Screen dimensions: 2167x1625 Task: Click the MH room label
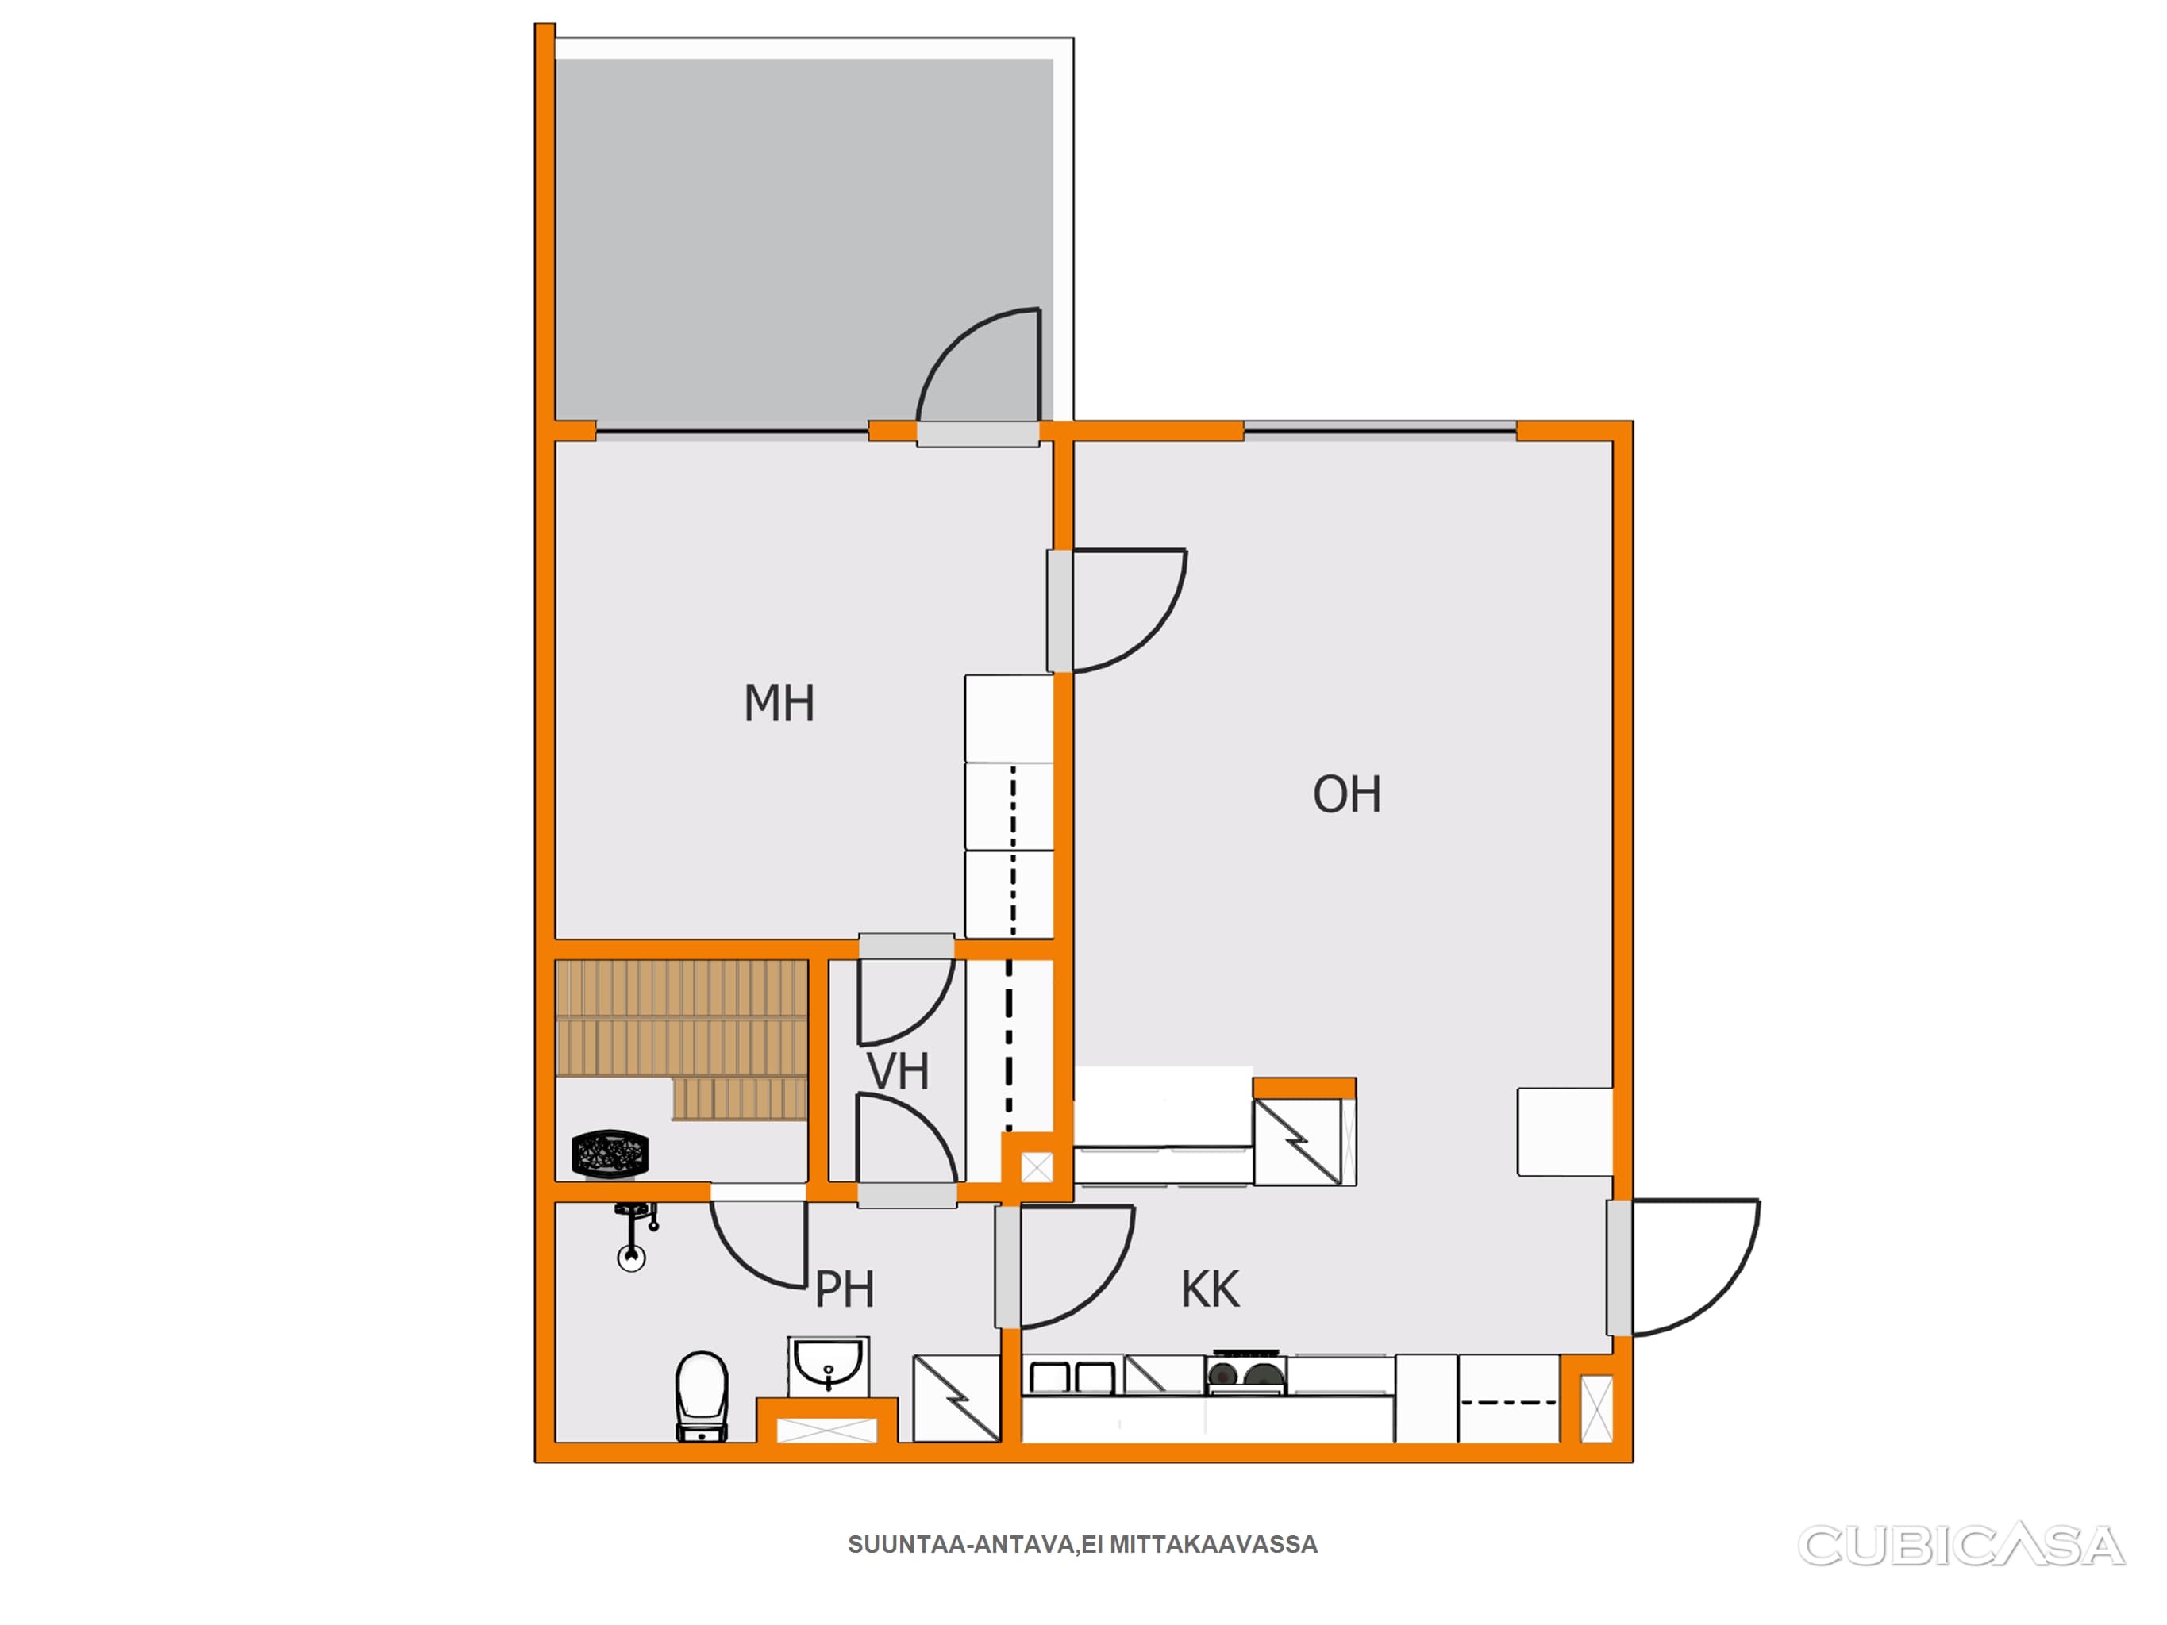tap(779, 703)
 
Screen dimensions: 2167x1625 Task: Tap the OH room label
tap(1347, 794)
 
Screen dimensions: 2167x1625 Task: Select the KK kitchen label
tap(1210, 1289)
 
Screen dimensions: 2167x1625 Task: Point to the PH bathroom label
tap(845, 1289)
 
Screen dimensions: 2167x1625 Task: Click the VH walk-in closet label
tap(898, 1072)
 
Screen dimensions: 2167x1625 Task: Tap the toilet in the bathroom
tap(702, 1396)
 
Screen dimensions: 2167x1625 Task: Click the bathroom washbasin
tap(828, 1366)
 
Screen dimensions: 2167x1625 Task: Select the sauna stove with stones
tap(610, 1153)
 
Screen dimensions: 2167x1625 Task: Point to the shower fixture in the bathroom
tap(634, 1236)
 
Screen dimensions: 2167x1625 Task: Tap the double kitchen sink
tap(1072, 1376)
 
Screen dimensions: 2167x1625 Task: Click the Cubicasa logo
tap(1961, 1546)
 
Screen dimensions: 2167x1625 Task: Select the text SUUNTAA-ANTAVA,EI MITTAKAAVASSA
tap(1083, 1545)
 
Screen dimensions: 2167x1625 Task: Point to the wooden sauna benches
tap(682, 1039)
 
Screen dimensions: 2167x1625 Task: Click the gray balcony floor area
tap(803, 240)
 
